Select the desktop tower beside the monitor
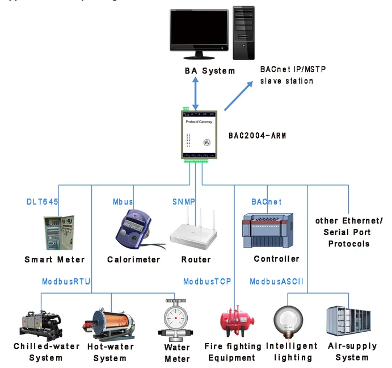tap(244, 33)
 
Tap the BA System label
tap(210, 71)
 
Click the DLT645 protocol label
tap(43, 202)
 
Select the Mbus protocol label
tap(123, 202)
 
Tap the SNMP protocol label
tap(183, 202)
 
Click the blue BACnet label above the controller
tap(266, 202)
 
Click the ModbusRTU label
tap(66, 282)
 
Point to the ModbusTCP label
tap(207, 282)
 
